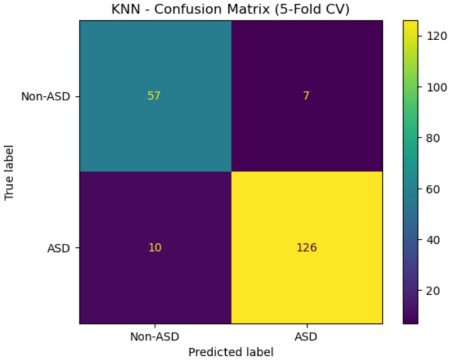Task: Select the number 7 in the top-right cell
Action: [x=307, y=96]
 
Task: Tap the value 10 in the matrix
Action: [x=155, y=248]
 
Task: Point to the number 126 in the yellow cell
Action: [x=307, y=248]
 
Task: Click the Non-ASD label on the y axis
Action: [x=46, y=96]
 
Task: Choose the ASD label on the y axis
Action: [x=58, y=248]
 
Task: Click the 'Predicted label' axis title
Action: [x=231, y=352]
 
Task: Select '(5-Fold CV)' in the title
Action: [x=314, y=10]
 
